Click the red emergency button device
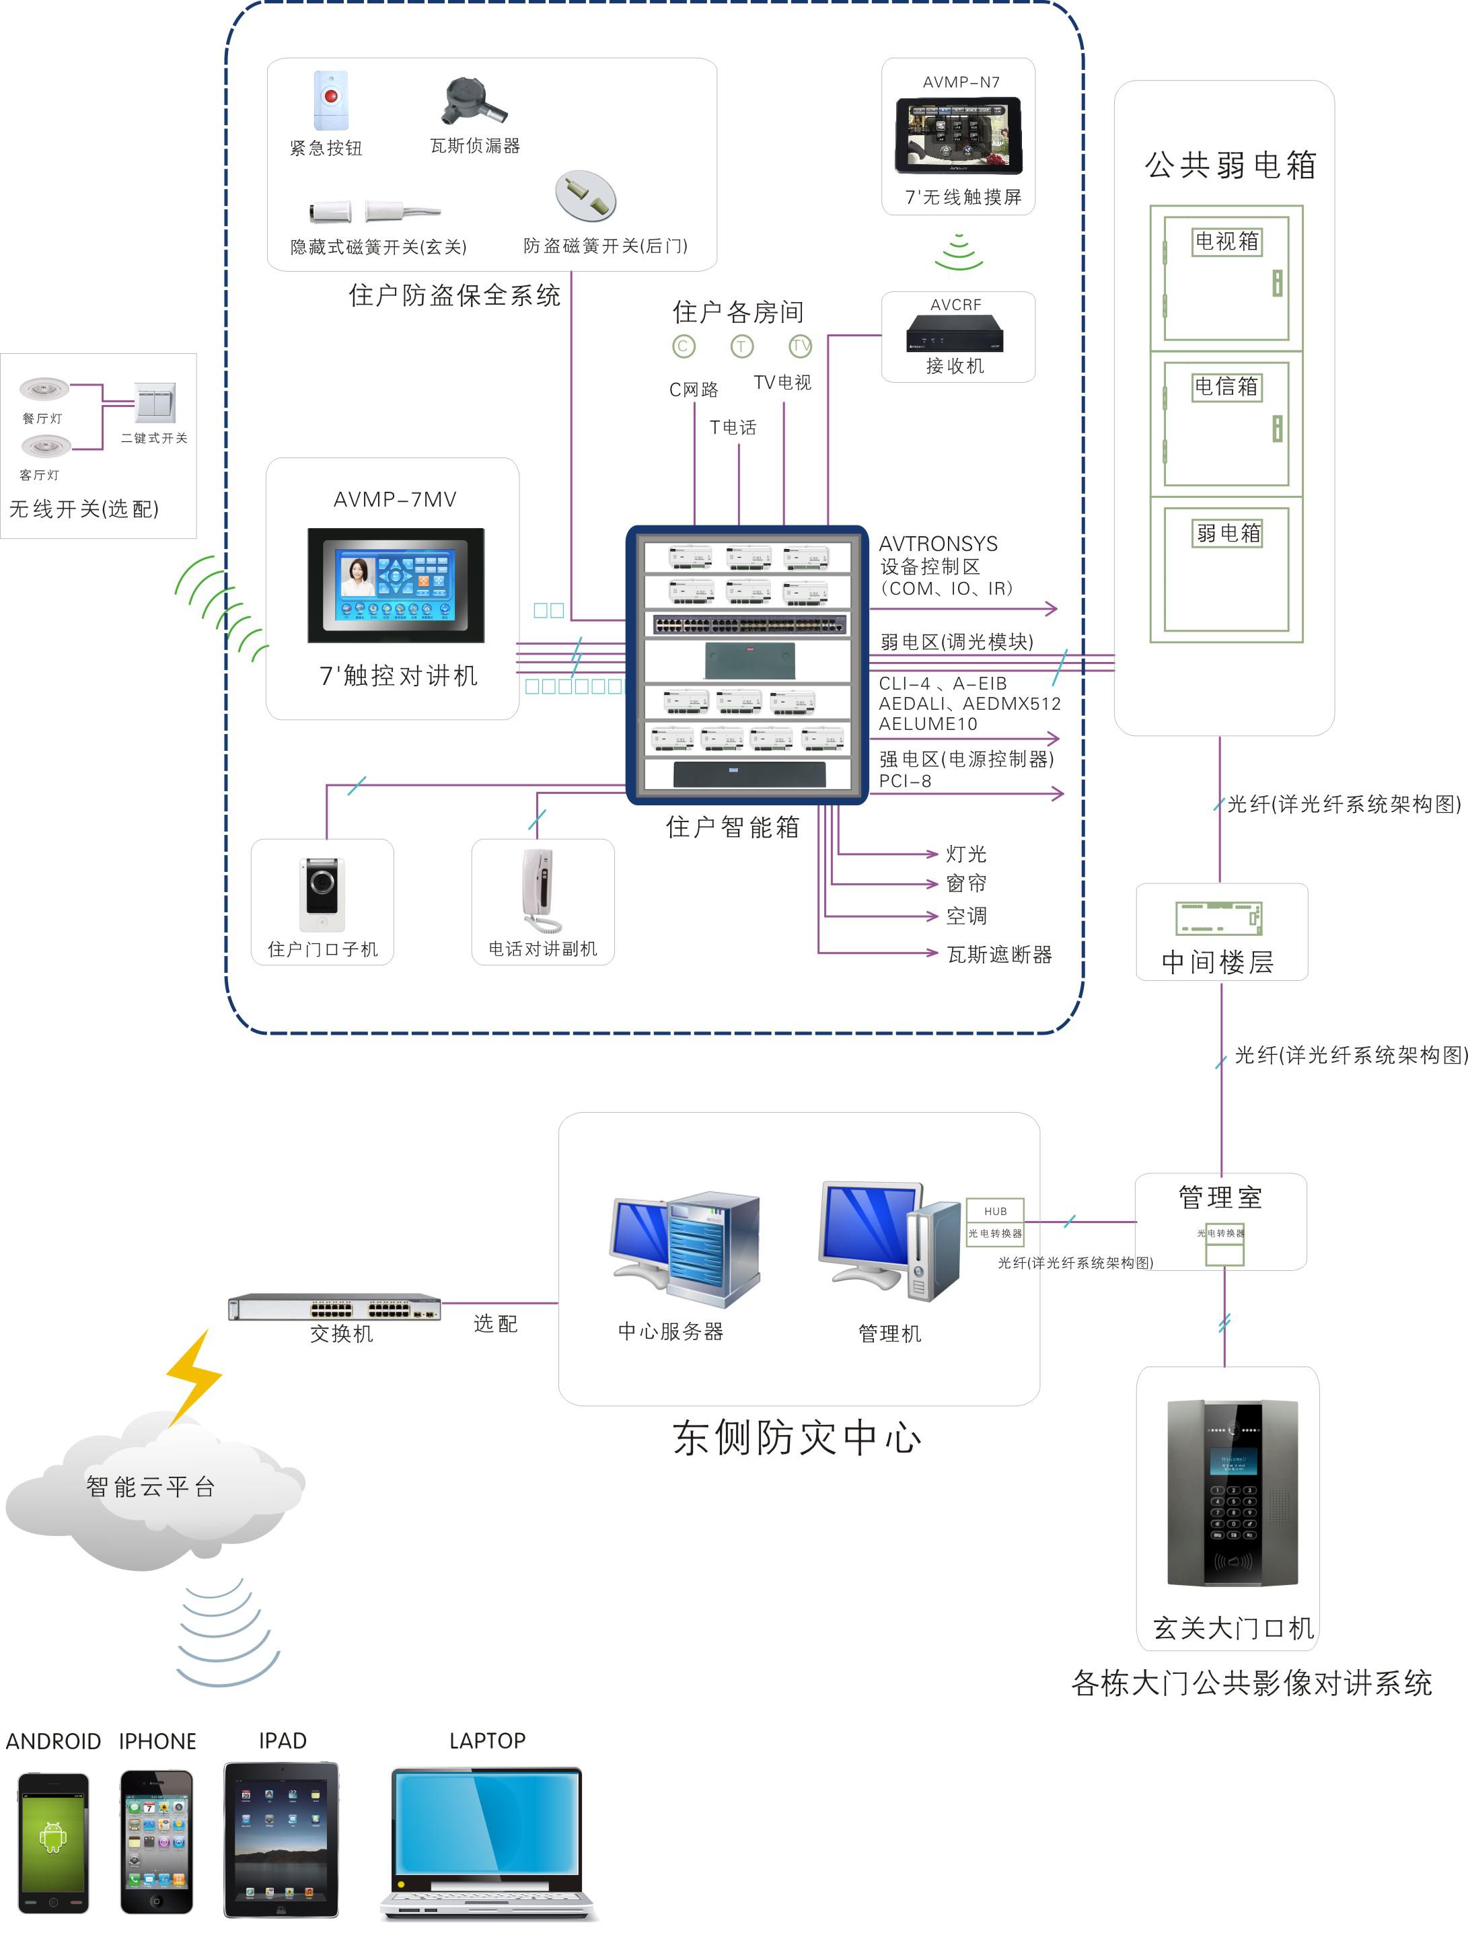tap(330, 99)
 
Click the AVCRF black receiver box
tap(955, 334)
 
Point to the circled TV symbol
tap(799, 346)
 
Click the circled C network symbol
tap(684, 346)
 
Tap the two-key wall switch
tap(155, 402)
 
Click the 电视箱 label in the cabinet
tap(1227, 241)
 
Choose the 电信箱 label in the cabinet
tap(1227, 386)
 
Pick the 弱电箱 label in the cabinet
tap(1228, 533)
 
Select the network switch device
tap(334, 1307)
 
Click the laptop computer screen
tap(486, 1824)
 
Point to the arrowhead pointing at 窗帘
tap(933, 884)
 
